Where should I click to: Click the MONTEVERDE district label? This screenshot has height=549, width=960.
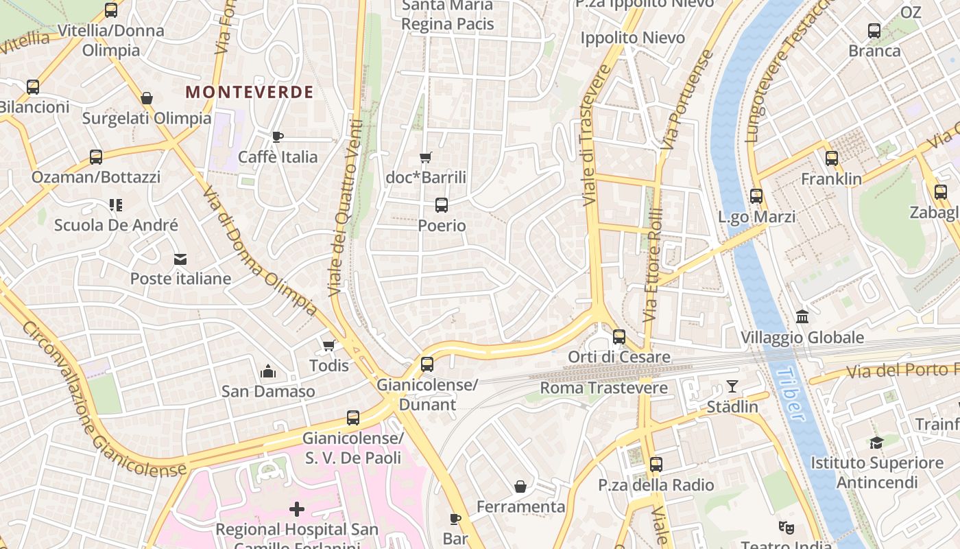[x=250, y=92]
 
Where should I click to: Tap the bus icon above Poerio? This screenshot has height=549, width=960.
[x=442, y=205]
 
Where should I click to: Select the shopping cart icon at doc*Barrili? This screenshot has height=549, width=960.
[x=426, y=158]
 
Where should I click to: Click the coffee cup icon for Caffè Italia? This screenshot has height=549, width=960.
[x=278, y=137]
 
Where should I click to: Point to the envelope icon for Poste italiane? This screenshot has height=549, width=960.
[x=180, y=259]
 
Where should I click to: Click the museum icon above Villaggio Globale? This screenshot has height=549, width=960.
[x=802, y=317]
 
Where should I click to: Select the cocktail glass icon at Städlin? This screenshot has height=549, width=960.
[x=732, y=386]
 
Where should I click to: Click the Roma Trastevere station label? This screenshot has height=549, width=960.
[x=603, y=388]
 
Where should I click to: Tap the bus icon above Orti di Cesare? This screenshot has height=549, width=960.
[x=619, y=337]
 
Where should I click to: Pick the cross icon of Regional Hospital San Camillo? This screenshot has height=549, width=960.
[x=297, y=509]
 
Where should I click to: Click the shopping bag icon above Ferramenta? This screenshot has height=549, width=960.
[x=521, y=487]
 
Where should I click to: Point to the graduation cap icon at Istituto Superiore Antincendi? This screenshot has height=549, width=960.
[x=876, y=443]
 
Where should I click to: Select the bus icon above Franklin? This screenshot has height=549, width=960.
[x=832, y=159]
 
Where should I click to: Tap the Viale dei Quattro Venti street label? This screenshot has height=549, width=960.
[x=346, y=206]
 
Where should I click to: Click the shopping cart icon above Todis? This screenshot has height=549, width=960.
[x=328, y=345]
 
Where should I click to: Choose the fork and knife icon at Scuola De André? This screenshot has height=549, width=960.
[x=115, y=205]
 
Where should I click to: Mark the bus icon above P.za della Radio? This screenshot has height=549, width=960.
[x=656, y=465]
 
